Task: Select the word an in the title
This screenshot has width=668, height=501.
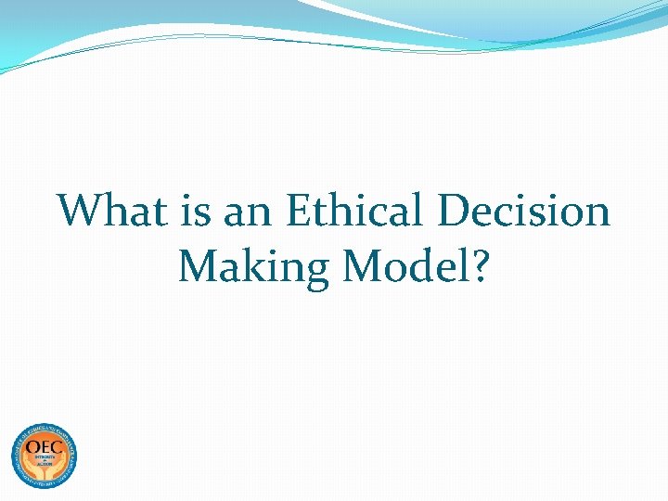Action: [249, 212]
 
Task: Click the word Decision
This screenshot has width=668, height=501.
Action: [524, 211]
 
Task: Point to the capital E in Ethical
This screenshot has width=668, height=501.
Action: [300, 211]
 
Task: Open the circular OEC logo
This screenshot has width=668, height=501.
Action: [44, 456]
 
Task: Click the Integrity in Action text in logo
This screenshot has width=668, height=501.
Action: [44, 461]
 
